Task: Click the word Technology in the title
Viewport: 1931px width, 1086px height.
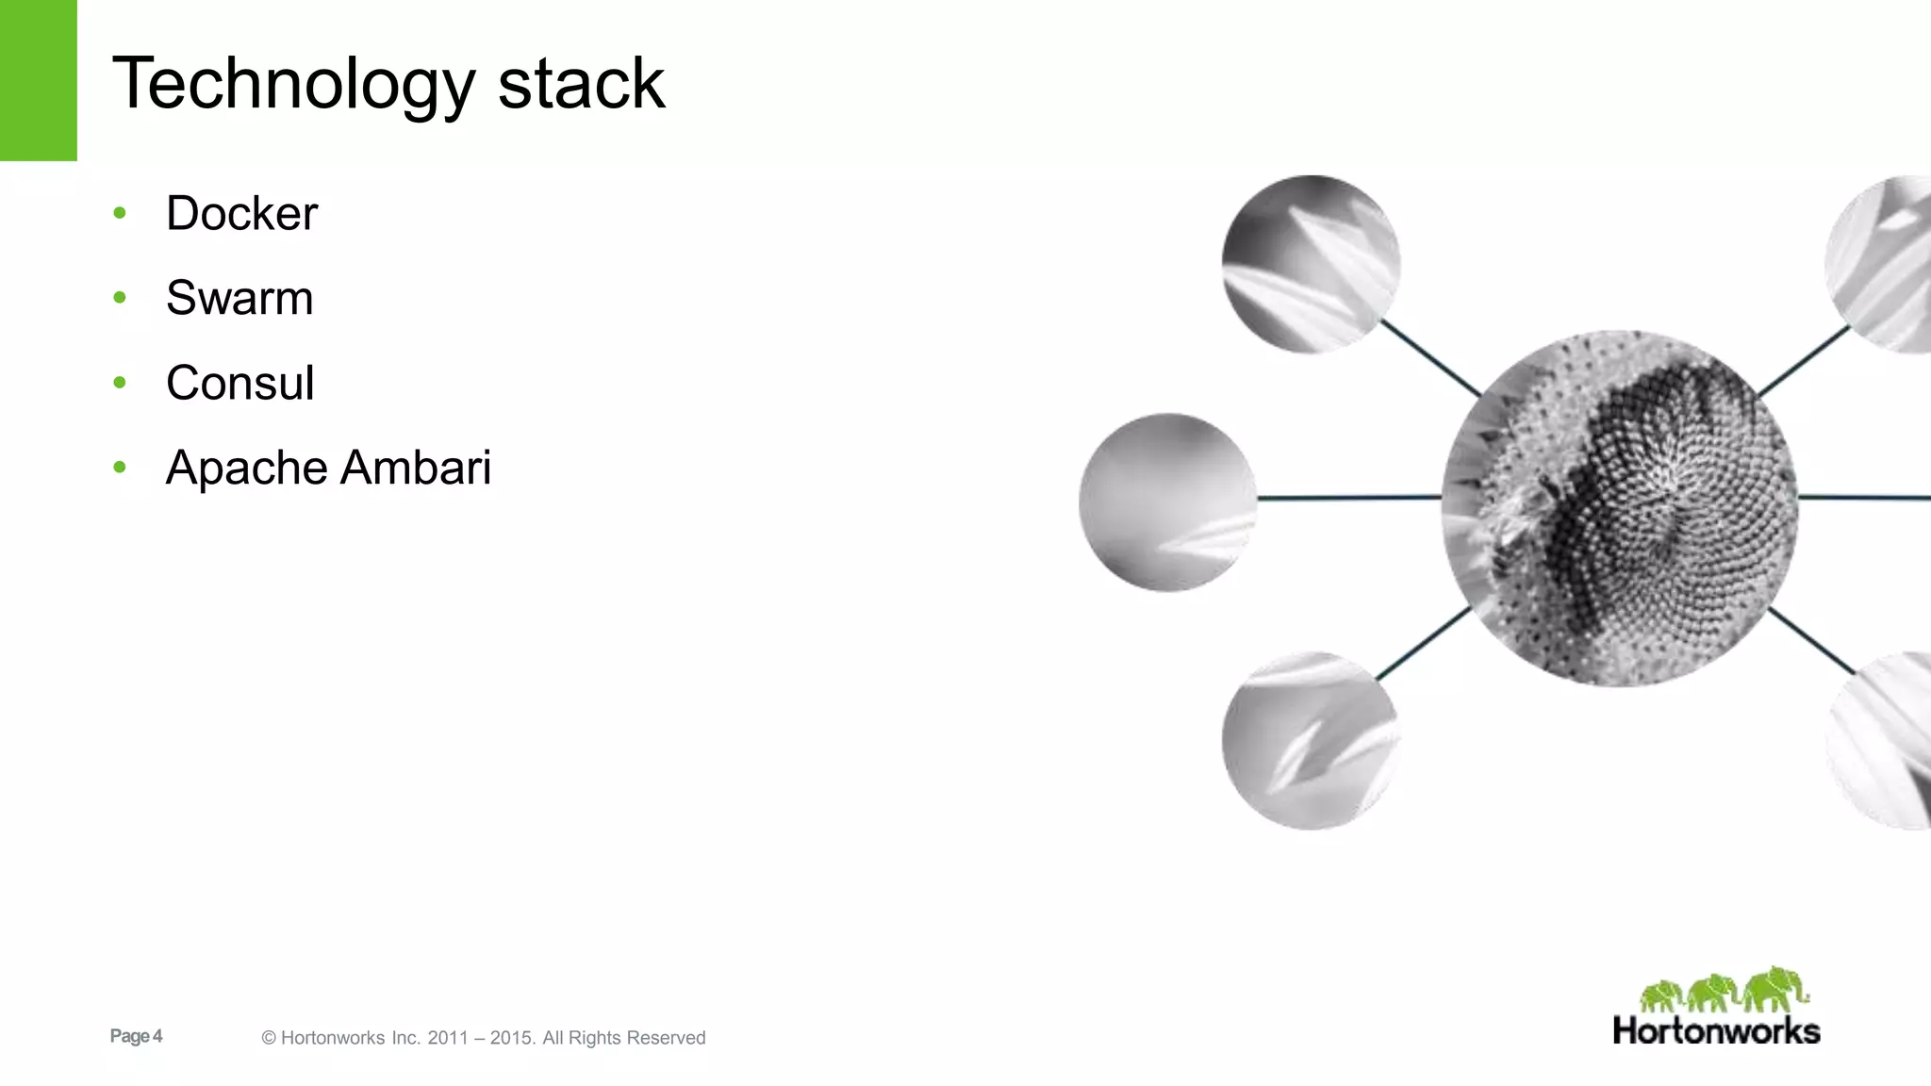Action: pyautogui.click(x=293, y=85)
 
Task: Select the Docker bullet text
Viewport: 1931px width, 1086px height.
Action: pyautogui.click(x=241, y=214)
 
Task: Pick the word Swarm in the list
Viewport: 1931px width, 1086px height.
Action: pyautogui.click(x=239, y=299)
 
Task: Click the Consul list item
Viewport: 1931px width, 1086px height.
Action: pyautogui.click(x=239, y=384)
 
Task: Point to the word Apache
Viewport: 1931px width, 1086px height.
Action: pyautogui.click(x=246, y=469)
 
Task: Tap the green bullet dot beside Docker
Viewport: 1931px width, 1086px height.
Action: pyautogui.click(x=120, y=213)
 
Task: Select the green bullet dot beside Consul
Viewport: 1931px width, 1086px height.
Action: pyautogui.click(x=120, y=383)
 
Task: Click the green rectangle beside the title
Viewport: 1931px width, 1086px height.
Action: pyautogui.click(x=38, y=80)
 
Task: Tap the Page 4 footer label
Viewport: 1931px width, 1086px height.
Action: pyautogui.click(x=136, y=1036)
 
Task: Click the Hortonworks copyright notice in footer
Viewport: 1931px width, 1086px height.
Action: pyautogui.click(x=483, y=1038)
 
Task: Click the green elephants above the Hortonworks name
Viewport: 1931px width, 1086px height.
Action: pyautogui.click(x=1724, y=990)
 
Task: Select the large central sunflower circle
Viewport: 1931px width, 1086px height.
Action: pyautogui.click(x=1619, y=508)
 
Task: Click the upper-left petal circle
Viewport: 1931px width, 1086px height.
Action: pyautogui.click(x=1311, y=264)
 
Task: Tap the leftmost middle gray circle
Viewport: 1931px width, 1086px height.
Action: pyautogui.click(x=1167, y=502)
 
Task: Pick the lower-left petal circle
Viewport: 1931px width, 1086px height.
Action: pyautogui.click(x=1310, y=741)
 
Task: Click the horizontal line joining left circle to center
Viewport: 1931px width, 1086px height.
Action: pyautogui.click(x=1349, y=497)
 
